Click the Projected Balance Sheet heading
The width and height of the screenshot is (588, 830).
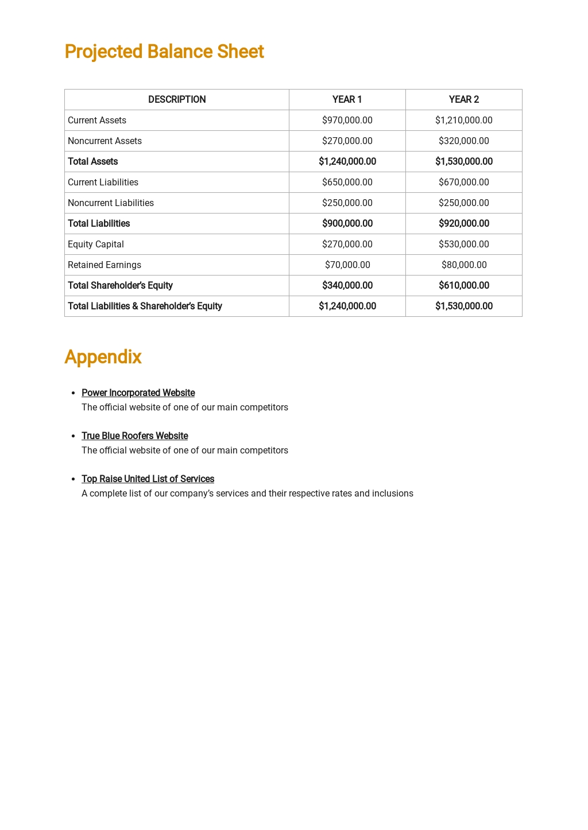(164, 52)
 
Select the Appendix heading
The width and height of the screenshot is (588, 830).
(103, 357)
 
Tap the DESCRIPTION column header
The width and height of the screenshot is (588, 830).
(177, 99)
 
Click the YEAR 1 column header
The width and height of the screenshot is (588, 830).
(347, 99)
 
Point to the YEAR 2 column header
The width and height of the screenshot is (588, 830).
(463, 99)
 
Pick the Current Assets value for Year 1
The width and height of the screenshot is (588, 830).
(347, 120)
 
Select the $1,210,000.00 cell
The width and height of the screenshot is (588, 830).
(463, 120)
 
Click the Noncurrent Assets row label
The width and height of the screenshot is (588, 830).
(105, 141)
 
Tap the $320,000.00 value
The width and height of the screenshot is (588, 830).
(463, 141)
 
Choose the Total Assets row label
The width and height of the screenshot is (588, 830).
(93, 161)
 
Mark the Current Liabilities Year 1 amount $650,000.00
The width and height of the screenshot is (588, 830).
(347, 182)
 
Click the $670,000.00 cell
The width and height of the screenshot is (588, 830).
(463, 182)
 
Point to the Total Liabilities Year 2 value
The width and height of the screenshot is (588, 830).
(463, 223)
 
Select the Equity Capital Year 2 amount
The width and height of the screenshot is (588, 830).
(463, 244)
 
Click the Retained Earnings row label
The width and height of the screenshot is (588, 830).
(105, 265)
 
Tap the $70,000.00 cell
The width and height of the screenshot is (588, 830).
(347, 265)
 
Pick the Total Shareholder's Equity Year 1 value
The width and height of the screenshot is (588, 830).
(347, 285)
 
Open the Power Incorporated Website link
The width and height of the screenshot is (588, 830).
(138, 393)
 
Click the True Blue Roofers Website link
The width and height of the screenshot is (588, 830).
(134, 436)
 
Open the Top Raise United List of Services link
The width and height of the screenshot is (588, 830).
(148, 479)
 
